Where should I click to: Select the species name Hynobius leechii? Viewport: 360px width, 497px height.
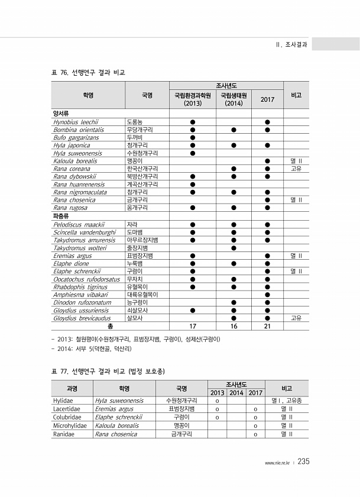pyautogui.click(x=75, y=121)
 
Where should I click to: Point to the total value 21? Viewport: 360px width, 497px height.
pyautogui.click(x=267, y=325)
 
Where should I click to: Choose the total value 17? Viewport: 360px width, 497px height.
pyautogui.click(x=193, y=325)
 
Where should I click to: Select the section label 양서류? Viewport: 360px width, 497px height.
pyautogui.click(x=61, y=114)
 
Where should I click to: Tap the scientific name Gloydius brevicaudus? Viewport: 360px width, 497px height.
pyautogui.click(x=82, y=318)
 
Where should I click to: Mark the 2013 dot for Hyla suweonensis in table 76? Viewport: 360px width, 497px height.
pyautogui.click(x=193, y=153)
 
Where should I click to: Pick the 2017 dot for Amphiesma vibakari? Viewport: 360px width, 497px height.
pyautogui.click(x=267, y=294)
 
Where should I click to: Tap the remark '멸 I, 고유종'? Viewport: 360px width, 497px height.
pyautogui.click(x=286, y=401)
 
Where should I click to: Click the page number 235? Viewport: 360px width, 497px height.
pyautogui.click(x=304, y=461)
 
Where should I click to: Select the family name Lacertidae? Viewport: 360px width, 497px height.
pyautogui.click(x=66, y=409)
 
